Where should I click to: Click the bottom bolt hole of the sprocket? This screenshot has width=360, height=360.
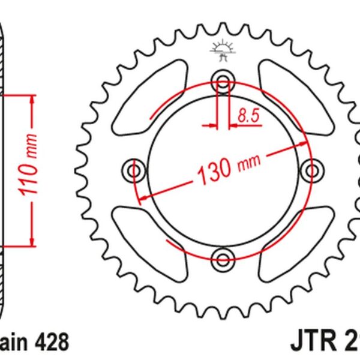224,260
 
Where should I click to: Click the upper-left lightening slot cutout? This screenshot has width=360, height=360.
142,99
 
